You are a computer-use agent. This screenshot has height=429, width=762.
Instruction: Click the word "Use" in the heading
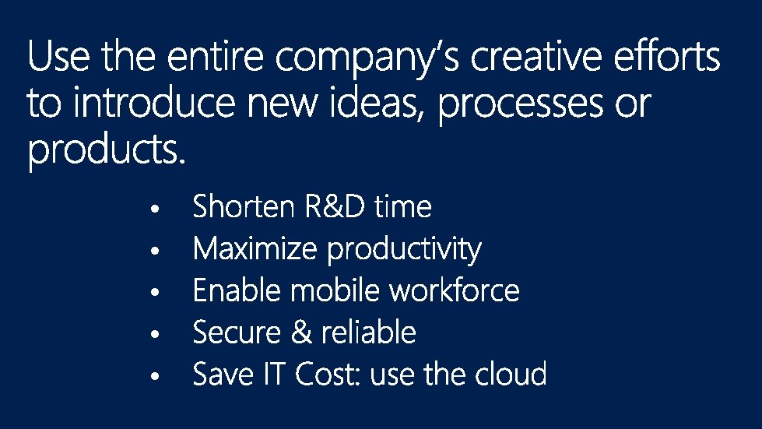point(59,56)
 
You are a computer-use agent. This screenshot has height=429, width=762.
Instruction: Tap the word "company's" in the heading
point(367,59)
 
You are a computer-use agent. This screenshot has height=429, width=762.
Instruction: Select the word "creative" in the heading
point(536,56)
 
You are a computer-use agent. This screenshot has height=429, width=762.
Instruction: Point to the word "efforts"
point(667,55)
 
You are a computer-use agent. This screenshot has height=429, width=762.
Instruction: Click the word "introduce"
point(154,102)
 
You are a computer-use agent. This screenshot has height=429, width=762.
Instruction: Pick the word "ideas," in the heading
point(374,104)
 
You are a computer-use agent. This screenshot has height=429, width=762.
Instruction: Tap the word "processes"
point(521,105)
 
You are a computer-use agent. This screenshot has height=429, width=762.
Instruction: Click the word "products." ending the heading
point(107,150)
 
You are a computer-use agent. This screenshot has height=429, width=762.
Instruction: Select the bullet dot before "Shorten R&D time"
point(155,209)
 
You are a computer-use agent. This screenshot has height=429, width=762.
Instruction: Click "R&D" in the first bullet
point(335,206)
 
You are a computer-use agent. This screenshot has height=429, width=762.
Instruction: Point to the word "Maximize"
point(255,248)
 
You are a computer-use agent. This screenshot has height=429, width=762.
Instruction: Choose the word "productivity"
point(404,250)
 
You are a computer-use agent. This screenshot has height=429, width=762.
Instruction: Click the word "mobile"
point(335,290)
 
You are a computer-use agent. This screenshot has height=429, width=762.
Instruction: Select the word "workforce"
point(455,290)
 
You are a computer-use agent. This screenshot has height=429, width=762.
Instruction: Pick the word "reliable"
point(368,332)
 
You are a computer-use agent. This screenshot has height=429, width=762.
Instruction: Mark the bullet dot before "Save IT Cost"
point(155,376)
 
